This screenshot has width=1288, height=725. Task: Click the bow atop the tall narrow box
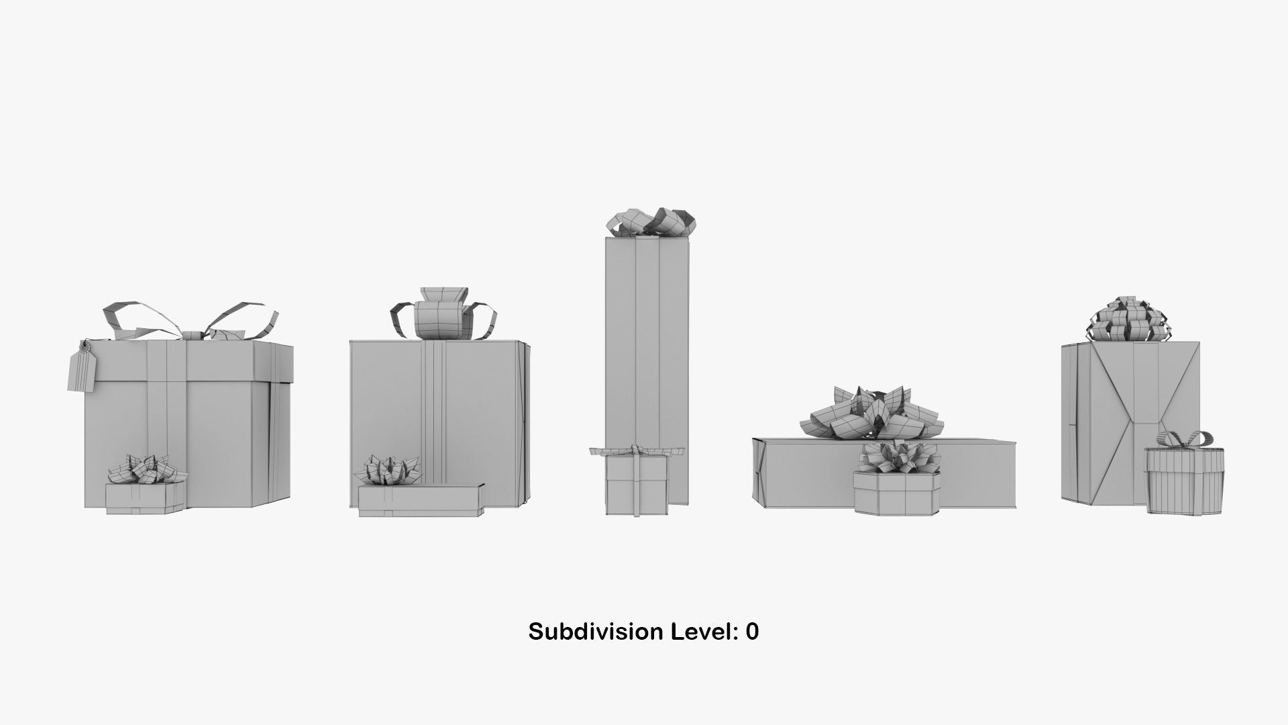pyautogui.click(x=650, y=222)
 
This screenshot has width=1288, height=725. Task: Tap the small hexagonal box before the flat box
pyautogui.click(x=897, y=493)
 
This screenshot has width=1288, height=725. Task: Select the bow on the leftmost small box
pyautogui.click(x=146, y=467)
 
